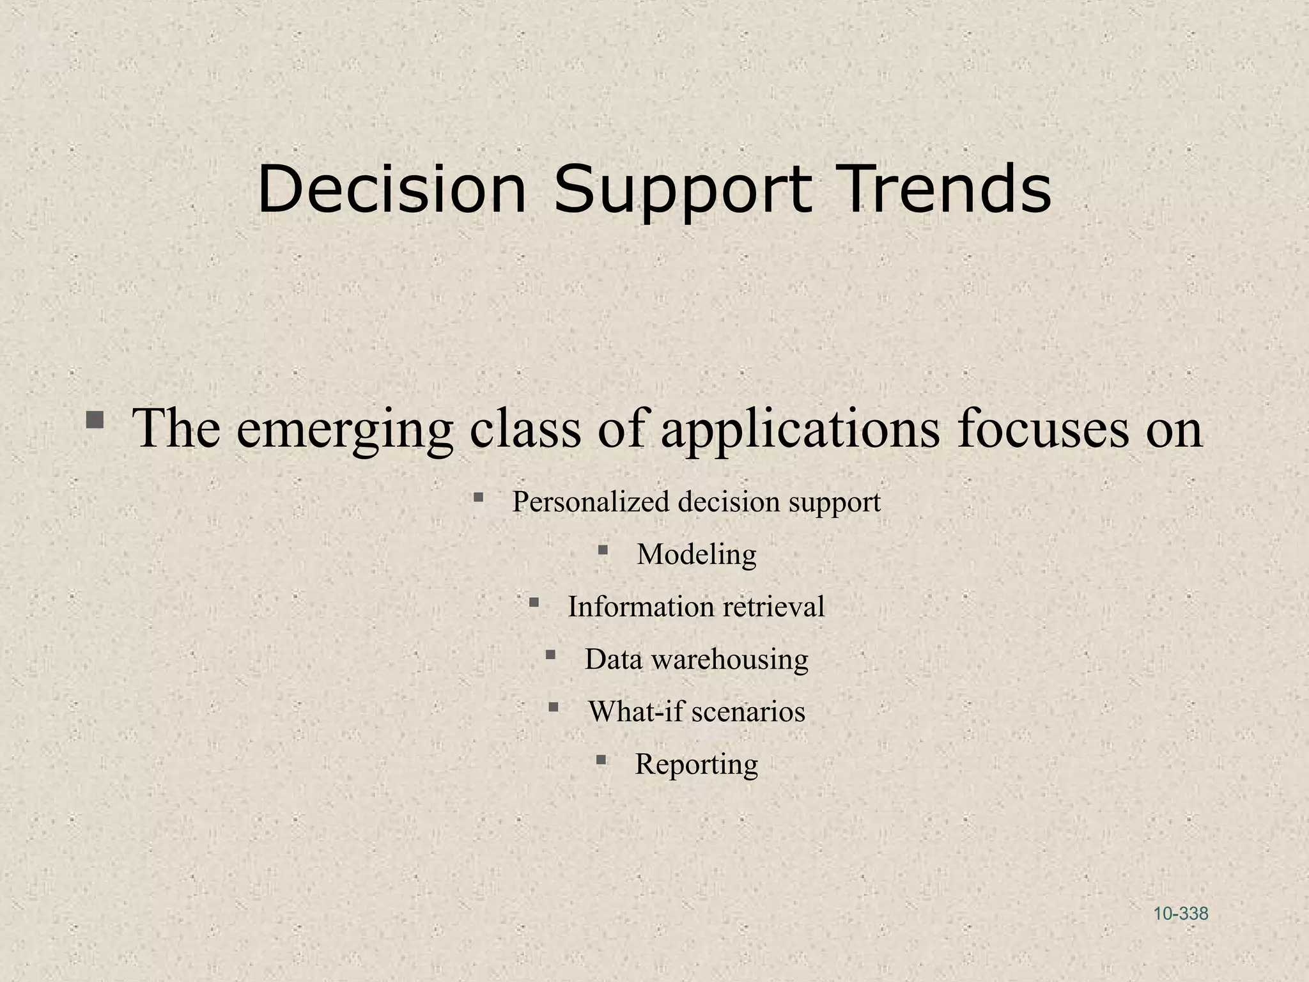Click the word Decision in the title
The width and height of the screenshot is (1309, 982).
click(x=391, y=190)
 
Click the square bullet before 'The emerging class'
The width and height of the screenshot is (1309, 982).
click(x=95, y=420)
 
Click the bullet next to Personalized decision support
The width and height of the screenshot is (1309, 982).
click(x=478, y=497)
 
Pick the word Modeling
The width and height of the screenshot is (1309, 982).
click(x=696, y=555)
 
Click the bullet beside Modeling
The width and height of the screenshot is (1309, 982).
click(x=603, y=549)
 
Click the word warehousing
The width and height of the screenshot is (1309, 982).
click(x=729, y=659)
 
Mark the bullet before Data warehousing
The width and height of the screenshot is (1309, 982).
click(x=550, y=654)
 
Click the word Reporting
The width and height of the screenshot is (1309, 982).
click(x=696, y=765)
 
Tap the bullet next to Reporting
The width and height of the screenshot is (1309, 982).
click(x=601, y=760)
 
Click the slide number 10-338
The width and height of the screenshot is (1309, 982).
click(x=1181, y=914)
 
